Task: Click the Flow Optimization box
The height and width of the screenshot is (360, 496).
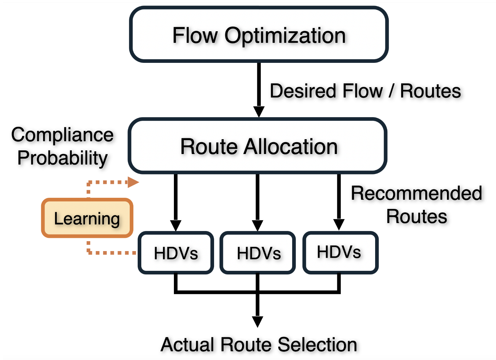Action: tap(259, 35)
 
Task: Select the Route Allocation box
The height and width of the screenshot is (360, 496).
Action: tap(258, 146)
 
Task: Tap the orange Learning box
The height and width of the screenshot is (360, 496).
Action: tap(87, 218)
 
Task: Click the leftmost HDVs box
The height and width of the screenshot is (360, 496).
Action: tap(176, 253)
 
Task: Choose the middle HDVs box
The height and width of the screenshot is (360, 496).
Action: tap(258, 253)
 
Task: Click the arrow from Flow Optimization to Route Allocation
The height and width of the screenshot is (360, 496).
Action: tap(259, 89)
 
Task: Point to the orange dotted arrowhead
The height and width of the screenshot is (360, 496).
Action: tap(133, 182)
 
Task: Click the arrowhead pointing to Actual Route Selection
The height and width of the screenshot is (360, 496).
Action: tap(258, 321)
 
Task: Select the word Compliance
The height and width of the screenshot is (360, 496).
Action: tap(63, 135)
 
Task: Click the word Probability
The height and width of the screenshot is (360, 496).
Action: tap(63, 158)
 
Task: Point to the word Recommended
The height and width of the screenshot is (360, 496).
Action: tap(416, 193)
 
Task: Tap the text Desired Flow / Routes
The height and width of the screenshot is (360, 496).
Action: tap(365, 91)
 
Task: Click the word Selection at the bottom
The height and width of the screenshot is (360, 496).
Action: tap(317, 345)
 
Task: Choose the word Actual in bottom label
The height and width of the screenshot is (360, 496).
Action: tap(188, 345)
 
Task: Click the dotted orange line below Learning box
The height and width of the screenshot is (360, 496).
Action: tap(109, 253)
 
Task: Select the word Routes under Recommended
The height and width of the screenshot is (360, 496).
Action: tap(417, 217)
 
